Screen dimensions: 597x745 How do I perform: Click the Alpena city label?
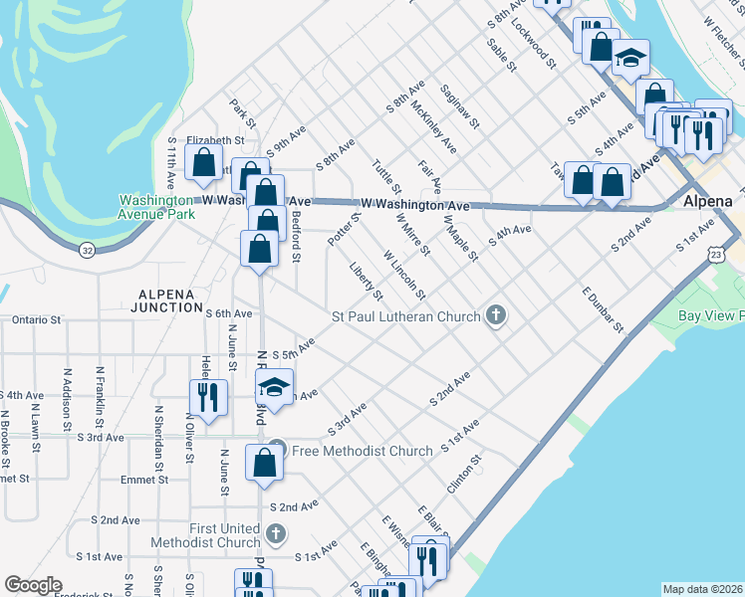[708, 201]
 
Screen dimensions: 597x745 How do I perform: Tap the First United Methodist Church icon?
[277, 534]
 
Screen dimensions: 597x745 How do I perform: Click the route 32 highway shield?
[88, 252]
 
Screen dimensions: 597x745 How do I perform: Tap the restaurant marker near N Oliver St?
[207, 397]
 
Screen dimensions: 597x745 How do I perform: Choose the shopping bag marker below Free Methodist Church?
[264, 463]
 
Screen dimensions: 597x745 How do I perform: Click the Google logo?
[33, 585]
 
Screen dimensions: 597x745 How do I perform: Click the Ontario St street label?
[38, 320]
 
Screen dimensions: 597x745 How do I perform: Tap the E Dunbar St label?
[604, 309]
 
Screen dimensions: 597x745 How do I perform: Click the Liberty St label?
[367, 281]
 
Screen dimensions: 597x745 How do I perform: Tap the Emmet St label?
[15, 479]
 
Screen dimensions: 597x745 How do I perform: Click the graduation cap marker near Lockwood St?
[630, 59]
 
